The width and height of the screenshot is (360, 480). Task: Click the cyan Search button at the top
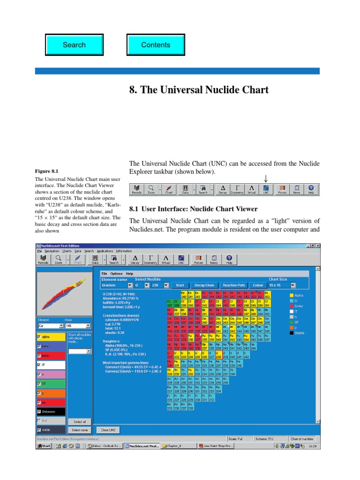tap(74, 45)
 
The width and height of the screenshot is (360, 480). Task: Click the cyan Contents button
tap(156, 45)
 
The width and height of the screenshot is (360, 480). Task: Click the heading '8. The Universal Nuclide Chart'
tap(199, 90)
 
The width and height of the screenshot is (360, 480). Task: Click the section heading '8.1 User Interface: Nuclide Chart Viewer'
tap(193, 209)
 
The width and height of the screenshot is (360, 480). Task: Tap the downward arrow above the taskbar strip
tap(266, 179)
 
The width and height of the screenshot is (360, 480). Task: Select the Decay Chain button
tap(204, 285)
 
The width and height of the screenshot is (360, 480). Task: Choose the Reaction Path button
tap(234, 285)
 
